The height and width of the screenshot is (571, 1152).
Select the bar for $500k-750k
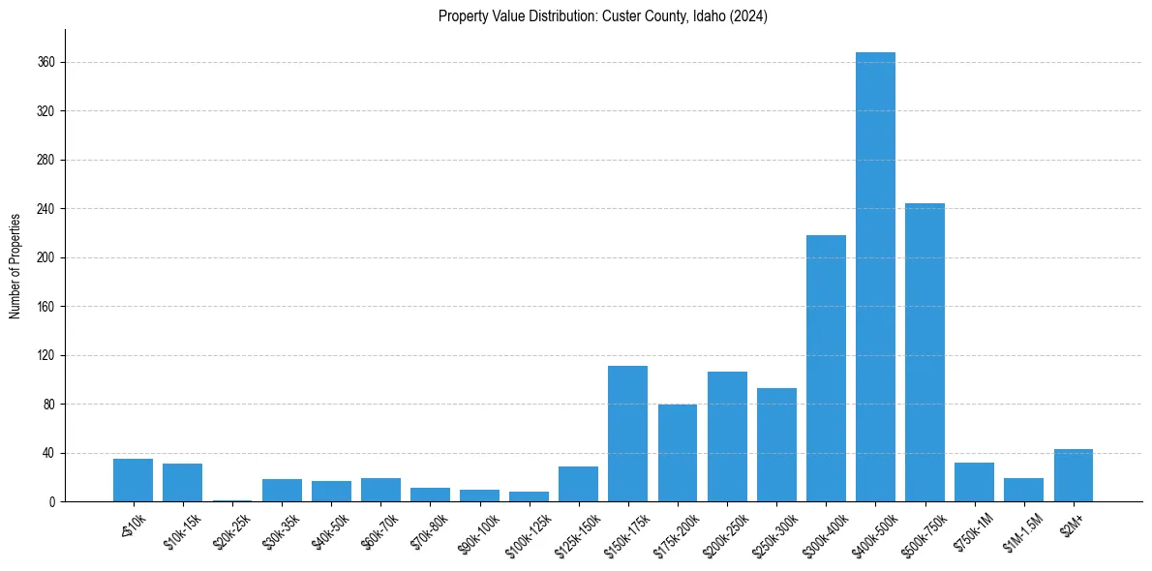[x=925, y=352]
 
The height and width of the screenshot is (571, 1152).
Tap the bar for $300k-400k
[x=826, y=368]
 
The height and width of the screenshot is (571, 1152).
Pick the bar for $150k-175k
[x=627, y=434]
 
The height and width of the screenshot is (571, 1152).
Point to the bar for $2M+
[x=1073, y=475]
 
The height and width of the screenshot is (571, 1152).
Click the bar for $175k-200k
[x=678, y=453]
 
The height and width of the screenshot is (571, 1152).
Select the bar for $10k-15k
[x=182, y=483]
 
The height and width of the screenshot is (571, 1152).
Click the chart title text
[x=602, y=16]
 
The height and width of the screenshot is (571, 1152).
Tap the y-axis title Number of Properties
[x=15, y=265]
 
